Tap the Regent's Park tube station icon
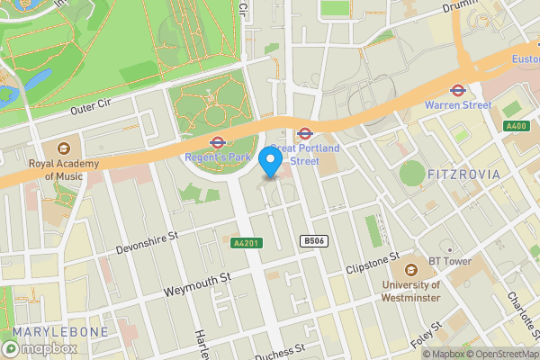coord(216,142)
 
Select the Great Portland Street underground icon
coord(305,133)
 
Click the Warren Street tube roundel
coord(457,90)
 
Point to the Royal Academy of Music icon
coord(64,148)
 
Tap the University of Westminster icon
coord(410,267)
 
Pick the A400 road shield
coord(516,125)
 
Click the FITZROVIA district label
coord(463,173)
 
